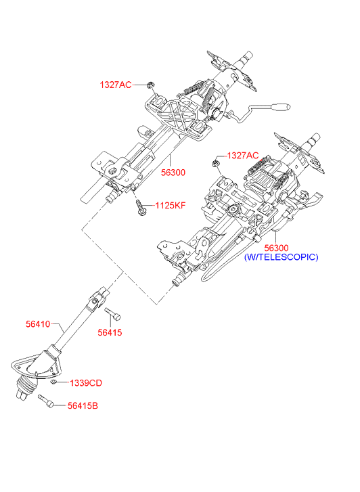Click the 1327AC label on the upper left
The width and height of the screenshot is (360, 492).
coord(116,85)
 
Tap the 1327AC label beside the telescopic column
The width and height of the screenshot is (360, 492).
coord(243,156)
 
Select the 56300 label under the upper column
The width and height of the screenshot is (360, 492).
coord(173,173)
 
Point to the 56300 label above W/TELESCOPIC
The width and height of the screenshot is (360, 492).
coord(276,248)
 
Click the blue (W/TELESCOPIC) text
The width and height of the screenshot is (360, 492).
coord(282,257)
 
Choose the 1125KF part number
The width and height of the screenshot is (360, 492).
coord(171,206)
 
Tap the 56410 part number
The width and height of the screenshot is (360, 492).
coord(38,324)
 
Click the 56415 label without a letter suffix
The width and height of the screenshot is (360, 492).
coord(110,332)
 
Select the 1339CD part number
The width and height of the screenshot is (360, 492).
coord(86,383)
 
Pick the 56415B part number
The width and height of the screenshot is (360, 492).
coord(83,405)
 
